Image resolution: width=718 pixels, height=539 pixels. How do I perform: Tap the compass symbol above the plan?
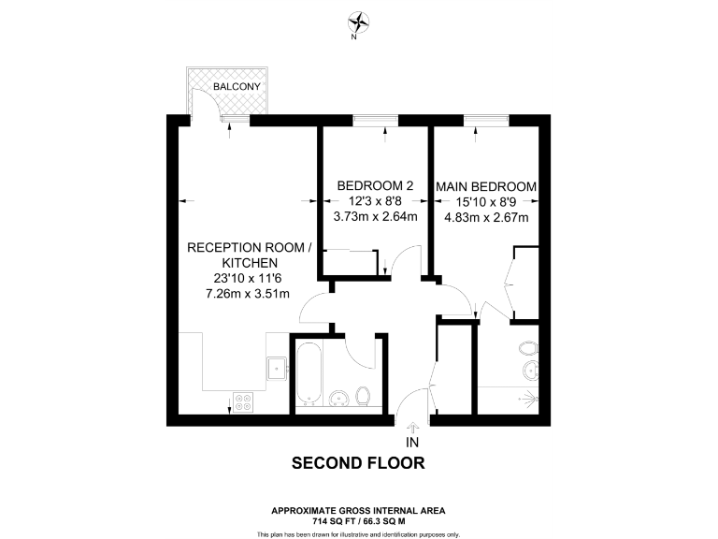tap(358, 22)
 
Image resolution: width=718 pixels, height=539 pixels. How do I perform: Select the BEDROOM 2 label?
tap(375, 185)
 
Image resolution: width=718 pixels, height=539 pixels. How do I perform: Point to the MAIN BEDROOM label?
tap(486, 187)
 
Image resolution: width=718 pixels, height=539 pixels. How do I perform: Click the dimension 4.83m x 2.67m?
tap(486, 218)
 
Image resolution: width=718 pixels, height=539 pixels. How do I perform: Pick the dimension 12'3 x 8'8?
tap(375, 201)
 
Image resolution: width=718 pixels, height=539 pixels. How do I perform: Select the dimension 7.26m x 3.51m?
tap(247, 294)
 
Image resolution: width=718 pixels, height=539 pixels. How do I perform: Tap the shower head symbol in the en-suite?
tap(533, 397)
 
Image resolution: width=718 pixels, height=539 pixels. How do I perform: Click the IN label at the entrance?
tap(412, 442)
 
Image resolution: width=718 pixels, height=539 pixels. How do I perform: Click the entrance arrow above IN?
tap(412, 427)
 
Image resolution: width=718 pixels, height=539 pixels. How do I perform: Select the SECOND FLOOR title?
tap(358, 462)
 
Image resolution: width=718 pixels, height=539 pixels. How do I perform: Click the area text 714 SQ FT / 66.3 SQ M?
tap(358, 519)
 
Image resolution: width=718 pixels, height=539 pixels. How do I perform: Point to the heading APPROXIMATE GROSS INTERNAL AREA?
tap(358, 510)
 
